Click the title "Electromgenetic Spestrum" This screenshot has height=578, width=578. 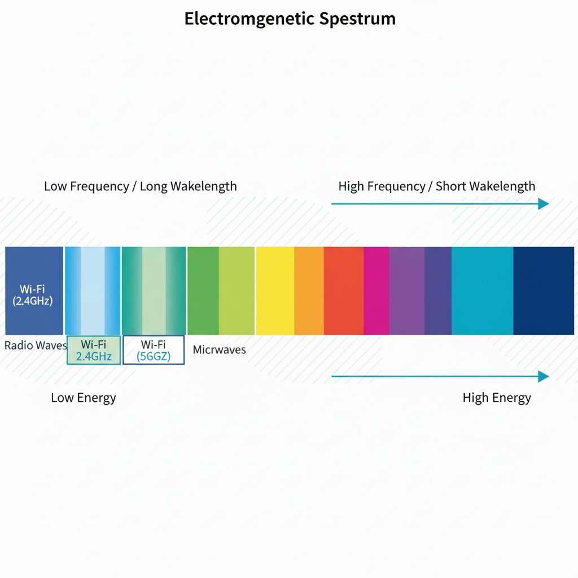(290, 19)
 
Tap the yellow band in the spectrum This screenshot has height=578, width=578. (275, 291)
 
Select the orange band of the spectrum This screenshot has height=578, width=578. (309, 291)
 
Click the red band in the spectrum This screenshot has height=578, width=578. (343, 291)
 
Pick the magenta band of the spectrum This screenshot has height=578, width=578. (376, 291)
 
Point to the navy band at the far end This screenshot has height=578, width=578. (543, 291)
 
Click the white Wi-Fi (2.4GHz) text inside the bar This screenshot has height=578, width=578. (33, 295)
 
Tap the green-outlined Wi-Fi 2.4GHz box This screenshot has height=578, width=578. (94, 351)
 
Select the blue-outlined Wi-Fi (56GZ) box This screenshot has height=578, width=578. (154, 351)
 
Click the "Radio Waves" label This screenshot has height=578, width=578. (35, 345)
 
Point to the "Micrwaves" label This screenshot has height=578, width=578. (219, 350)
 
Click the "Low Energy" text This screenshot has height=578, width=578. (84, 398)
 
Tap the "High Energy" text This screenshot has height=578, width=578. (497, 398)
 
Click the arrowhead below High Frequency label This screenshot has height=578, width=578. (544, 204)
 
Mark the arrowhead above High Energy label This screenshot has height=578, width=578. (544, 376)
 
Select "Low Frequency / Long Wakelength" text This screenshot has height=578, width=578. (141, 186)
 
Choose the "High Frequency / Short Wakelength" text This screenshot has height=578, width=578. (436, 186)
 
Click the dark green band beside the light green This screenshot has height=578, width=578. (203, 291)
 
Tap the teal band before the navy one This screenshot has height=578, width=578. (482, 291)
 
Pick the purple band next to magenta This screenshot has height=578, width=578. (406, 291)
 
